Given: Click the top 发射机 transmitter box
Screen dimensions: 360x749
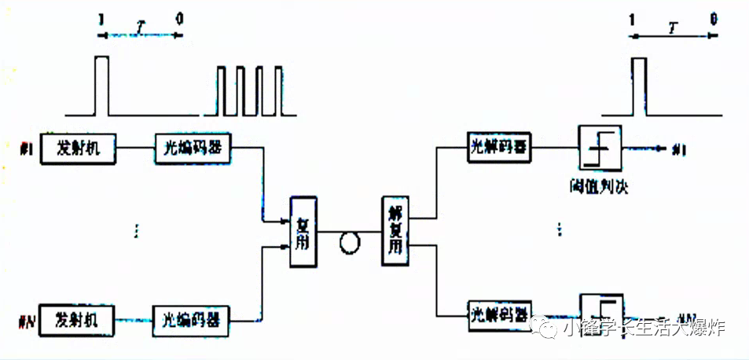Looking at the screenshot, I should (x=75, y=148).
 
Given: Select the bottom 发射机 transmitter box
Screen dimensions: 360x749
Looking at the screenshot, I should (x=75, y=320).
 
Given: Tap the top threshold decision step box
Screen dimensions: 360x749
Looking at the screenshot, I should (x=600, y=147).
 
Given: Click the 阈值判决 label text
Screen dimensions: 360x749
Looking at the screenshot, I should (x=601, y=187).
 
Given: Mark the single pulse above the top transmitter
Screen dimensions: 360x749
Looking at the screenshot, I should (x=101, y=86).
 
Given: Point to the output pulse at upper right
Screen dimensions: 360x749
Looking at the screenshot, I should (x=640, y=86).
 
